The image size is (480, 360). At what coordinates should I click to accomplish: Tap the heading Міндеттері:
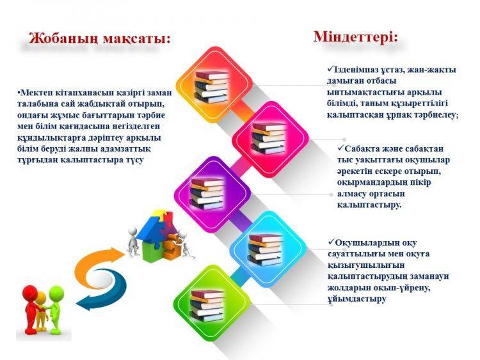(x=356, y=37)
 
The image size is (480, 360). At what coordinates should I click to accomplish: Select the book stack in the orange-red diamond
(x=212, y=86)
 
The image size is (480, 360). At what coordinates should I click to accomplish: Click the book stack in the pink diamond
(x=268, y=137)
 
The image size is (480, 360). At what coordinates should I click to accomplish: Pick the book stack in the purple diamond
(x=207, y=194)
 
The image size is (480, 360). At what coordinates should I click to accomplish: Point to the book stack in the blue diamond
(x=265, y=249)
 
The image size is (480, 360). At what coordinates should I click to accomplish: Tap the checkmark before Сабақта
(x=340, y=148)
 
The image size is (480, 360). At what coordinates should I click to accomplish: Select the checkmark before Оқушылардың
(x=332, y=242)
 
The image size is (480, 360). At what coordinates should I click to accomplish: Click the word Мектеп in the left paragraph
(x=35, y=92)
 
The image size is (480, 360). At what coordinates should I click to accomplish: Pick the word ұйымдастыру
(x=356, y=299)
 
